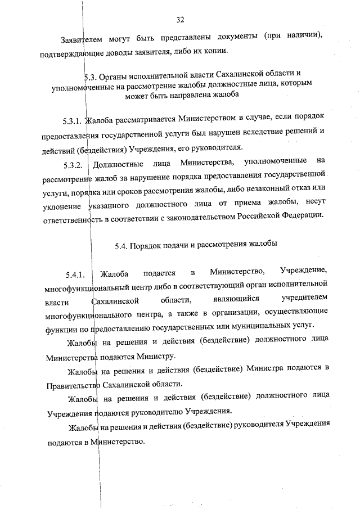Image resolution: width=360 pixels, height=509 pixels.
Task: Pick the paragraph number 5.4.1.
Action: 74,275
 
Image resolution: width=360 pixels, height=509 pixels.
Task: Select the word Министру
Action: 157,356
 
